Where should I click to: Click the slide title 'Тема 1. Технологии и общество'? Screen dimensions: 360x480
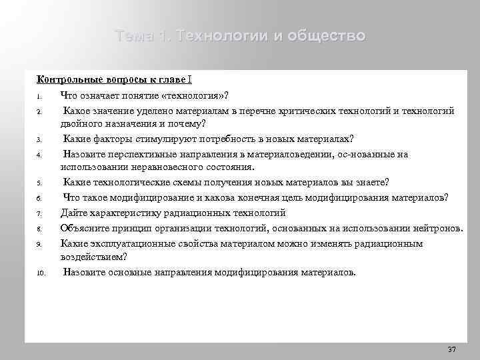point(240,35)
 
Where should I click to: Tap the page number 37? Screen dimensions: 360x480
point(451,349)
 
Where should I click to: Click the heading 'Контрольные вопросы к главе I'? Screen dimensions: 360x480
point(114,79)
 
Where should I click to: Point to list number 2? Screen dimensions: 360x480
point(39,111)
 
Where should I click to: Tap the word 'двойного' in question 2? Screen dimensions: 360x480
point(80,123)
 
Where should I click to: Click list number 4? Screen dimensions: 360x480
point(39,155)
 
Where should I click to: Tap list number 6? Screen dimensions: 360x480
point(39,198)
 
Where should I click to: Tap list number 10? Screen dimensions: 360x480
point(39,273)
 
